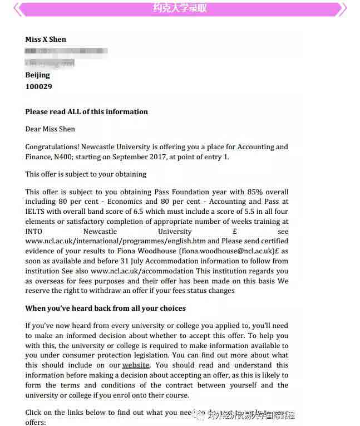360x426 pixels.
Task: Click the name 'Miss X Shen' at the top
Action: pyautogui.click(x=46, y=40)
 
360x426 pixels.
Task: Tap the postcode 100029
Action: pyautogui.click(x=39, y=87)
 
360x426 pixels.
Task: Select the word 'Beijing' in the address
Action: pyautogui.click(x=38, y=75)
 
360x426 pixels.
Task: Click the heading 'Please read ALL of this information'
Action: pyautogui.click(x=87, y=111)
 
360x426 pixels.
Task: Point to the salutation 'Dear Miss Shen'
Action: pyautogui.click(x=50, y=129)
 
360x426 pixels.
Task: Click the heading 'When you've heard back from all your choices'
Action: pyautogui.click(x=106, y=309)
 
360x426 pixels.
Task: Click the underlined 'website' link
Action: pyautogui.click(x=136, y=365)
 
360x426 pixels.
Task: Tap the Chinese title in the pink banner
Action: pyautogui.click(x=180, y=8)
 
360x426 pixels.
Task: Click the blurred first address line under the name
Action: pyautogui.click(x=66, y=51)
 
